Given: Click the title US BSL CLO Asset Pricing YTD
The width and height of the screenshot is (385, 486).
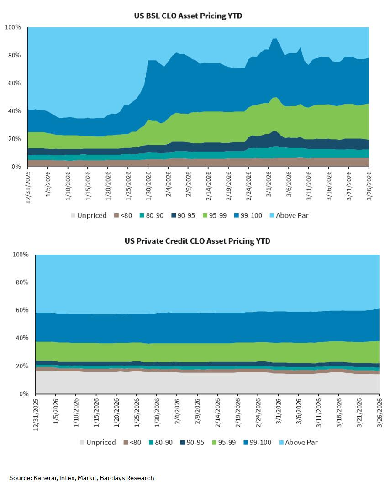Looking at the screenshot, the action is click(x=188, y=16).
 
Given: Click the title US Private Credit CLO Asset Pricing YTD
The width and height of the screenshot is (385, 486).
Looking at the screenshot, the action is click(x=197, y=241).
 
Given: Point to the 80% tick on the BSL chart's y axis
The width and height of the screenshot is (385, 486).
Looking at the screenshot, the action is click(x=14, y=55).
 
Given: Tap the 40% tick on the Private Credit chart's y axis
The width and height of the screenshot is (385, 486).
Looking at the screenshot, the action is click(x=22, y=338).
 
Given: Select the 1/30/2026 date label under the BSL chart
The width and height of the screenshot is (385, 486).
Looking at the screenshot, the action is click(x=148, y=186).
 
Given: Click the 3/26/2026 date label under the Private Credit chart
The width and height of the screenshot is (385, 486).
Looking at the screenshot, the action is click(x=380, y=413).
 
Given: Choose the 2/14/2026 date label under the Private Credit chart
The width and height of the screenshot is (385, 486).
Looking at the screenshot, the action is click(x=217, y=413).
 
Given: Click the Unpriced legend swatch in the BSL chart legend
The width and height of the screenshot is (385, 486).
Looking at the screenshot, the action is click(x=73, y=215).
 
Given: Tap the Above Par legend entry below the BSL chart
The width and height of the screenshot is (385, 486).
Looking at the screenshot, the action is click(x=289, y=215).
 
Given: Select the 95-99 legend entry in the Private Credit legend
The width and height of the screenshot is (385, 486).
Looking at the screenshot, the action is click(x=224, y=442).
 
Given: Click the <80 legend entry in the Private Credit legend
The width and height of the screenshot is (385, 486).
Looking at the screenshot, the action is click(x=132, y=442).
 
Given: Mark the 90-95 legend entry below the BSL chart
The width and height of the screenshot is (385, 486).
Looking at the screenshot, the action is click(x=183, y=215).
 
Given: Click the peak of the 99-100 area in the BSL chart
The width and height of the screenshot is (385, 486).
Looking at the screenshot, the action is click(x=274, y=38).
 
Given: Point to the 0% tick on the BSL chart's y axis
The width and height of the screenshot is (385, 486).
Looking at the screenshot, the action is click(x=16, y=167).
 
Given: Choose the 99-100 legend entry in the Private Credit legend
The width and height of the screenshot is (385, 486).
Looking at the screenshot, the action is click(x=257, y=442).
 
